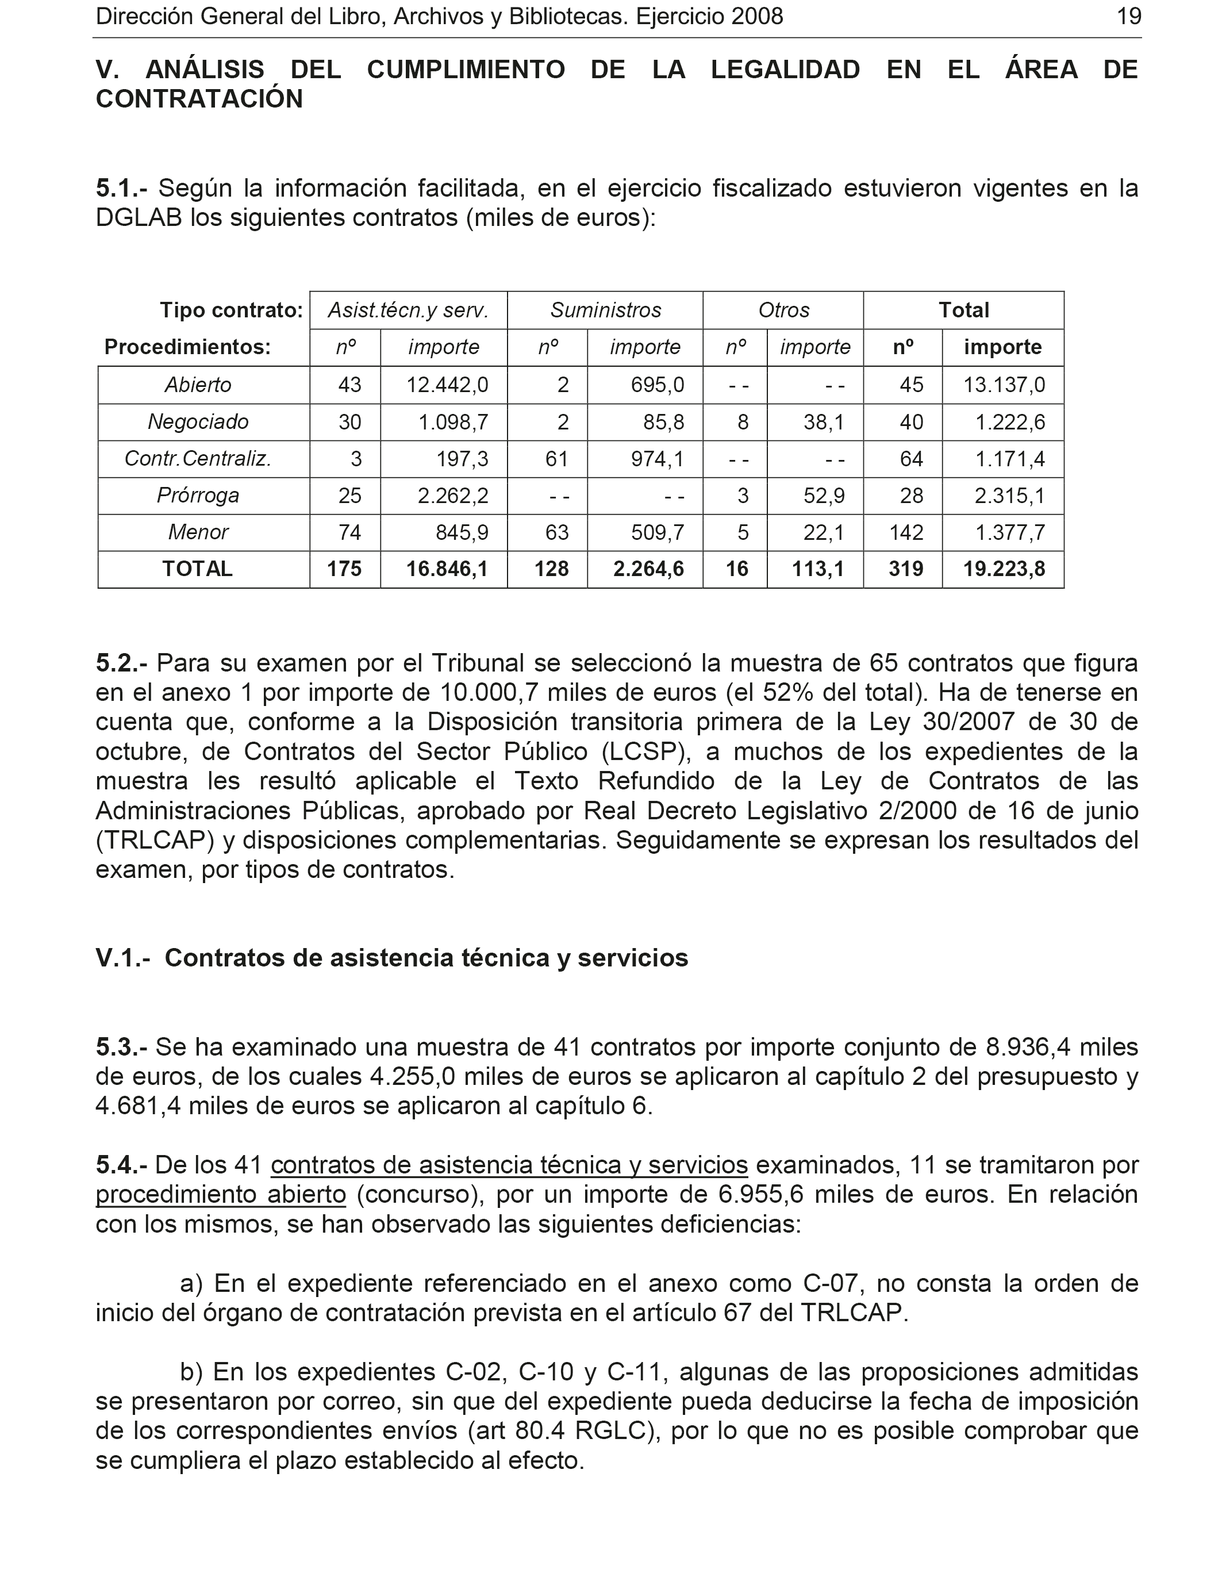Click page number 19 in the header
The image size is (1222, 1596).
(1128, 16)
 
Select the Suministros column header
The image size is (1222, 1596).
(605, 310)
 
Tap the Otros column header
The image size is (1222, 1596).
(783, 310)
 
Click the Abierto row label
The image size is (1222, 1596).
(198, 385)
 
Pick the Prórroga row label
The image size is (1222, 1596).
(198, 496)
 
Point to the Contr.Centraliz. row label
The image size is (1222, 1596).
(198, 459)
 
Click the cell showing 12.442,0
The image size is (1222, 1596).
(447, 385)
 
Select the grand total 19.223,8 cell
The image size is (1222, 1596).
(1004, 569)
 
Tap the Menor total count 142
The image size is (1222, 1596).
(906, 532)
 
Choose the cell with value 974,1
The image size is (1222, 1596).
(658, 459)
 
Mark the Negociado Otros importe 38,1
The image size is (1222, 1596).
(824, 422)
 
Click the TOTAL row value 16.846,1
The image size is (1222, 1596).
(447, 569)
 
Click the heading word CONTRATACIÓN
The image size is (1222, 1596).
(199, 99)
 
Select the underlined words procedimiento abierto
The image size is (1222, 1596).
(221, 1195)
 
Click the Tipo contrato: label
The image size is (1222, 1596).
(231, 310)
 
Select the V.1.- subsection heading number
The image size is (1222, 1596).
(123, 958)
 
